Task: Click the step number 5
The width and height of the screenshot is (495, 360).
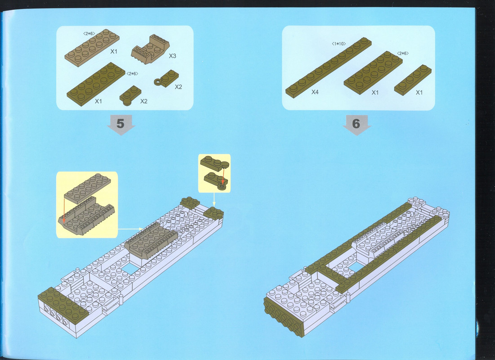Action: (120, 123)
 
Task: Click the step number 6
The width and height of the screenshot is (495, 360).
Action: (356, 123)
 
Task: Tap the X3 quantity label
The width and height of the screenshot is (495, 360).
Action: (172, 56)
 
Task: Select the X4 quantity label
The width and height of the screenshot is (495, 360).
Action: (315, 92)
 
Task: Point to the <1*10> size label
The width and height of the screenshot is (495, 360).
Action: (339, 44)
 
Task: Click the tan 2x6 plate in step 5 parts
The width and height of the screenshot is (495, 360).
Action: (92, 47)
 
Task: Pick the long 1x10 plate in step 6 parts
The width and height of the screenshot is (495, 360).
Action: (328, 67)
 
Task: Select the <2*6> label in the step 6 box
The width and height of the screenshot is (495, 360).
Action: (403, 53)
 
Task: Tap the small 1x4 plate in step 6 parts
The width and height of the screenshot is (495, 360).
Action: (413, 80)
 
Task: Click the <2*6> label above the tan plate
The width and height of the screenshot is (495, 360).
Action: (89, 33)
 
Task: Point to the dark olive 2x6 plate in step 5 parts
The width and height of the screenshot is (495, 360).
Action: (96, 84)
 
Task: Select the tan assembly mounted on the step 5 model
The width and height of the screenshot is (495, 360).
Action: (151, 241)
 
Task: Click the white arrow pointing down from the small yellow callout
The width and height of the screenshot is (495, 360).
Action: (214, 199)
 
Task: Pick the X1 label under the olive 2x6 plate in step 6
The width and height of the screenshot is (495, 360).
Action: (375, 92)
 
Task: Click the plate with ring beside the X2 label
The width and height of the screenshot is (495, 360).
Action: (166, 78)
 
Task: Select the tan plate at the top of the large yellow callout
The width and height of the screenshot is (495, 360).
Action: (88, 189)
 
